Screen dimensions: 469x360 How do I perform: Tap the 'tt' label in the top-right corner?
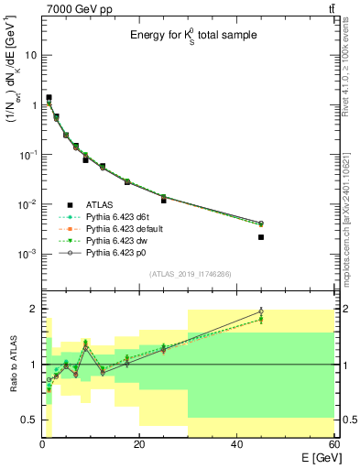pos(330,9)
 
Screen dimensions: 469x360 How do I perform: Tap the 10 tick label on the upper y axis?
pos(29,55)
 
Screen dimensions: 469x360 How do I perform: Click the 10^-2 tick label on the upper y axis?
pos(27,204)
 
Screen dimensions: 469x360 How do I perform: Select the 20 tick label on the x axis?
pos(139,444)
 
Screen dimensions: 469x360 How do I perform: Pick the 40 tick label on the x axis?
pos(236,444)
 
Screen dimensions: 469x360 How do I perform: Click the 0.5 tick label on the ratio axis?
pos(27,420)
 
